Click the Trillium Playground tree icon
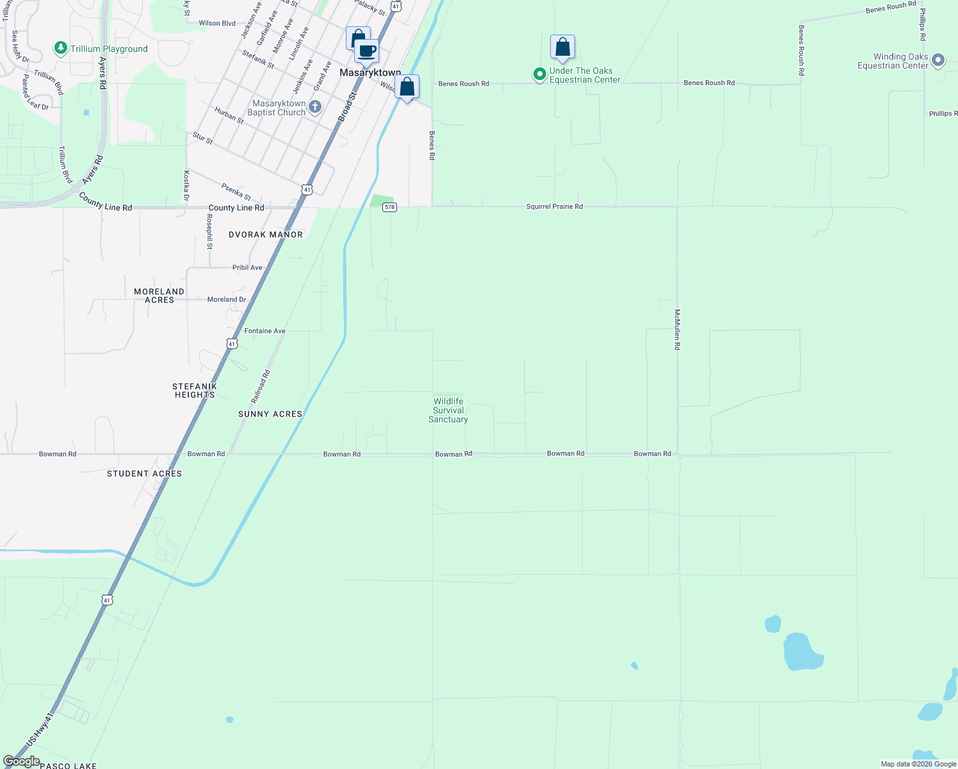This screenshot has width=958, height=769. point(61,48)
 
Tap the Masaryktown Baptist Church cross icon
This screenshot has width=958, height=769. point(315,106)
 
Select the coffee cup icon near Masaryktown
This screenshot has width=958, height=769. point(367,51)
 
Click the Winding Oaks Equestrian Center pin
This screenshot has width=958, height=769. point(938,60)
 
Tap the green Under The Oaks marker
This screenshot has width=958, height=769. point(540,75)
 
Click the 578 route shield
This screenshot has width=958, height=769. point(389,207)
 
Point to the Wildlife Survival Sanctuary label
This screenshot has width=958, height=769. point(448,410)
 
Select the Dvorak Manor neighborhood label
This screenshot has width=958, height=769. point(266,235)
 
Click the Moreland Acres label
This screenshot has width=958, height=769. point(159,295)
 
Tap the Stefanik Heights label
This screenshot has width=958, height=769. point(195,390)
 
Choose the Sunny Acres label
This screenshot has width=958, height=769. point(270,414)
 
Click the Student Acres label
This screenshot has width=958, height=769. point(144,474)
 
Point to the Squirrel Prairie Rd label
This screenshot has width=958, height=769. point(555,206)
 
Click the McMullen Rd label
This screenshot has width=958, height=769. point(677,329)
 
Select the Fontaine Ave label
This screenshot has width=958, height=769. point(264,331)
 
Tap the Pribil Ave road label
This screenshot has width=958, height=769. point(247,267)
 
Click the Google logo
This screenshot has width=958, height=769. point(21,761)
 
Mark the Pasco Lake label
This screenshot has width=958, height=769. point(68,765)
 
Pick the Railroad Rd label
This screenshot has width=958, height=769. point(261,386)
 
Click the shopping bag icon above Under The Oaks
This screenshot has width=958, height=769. point(562,47)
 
